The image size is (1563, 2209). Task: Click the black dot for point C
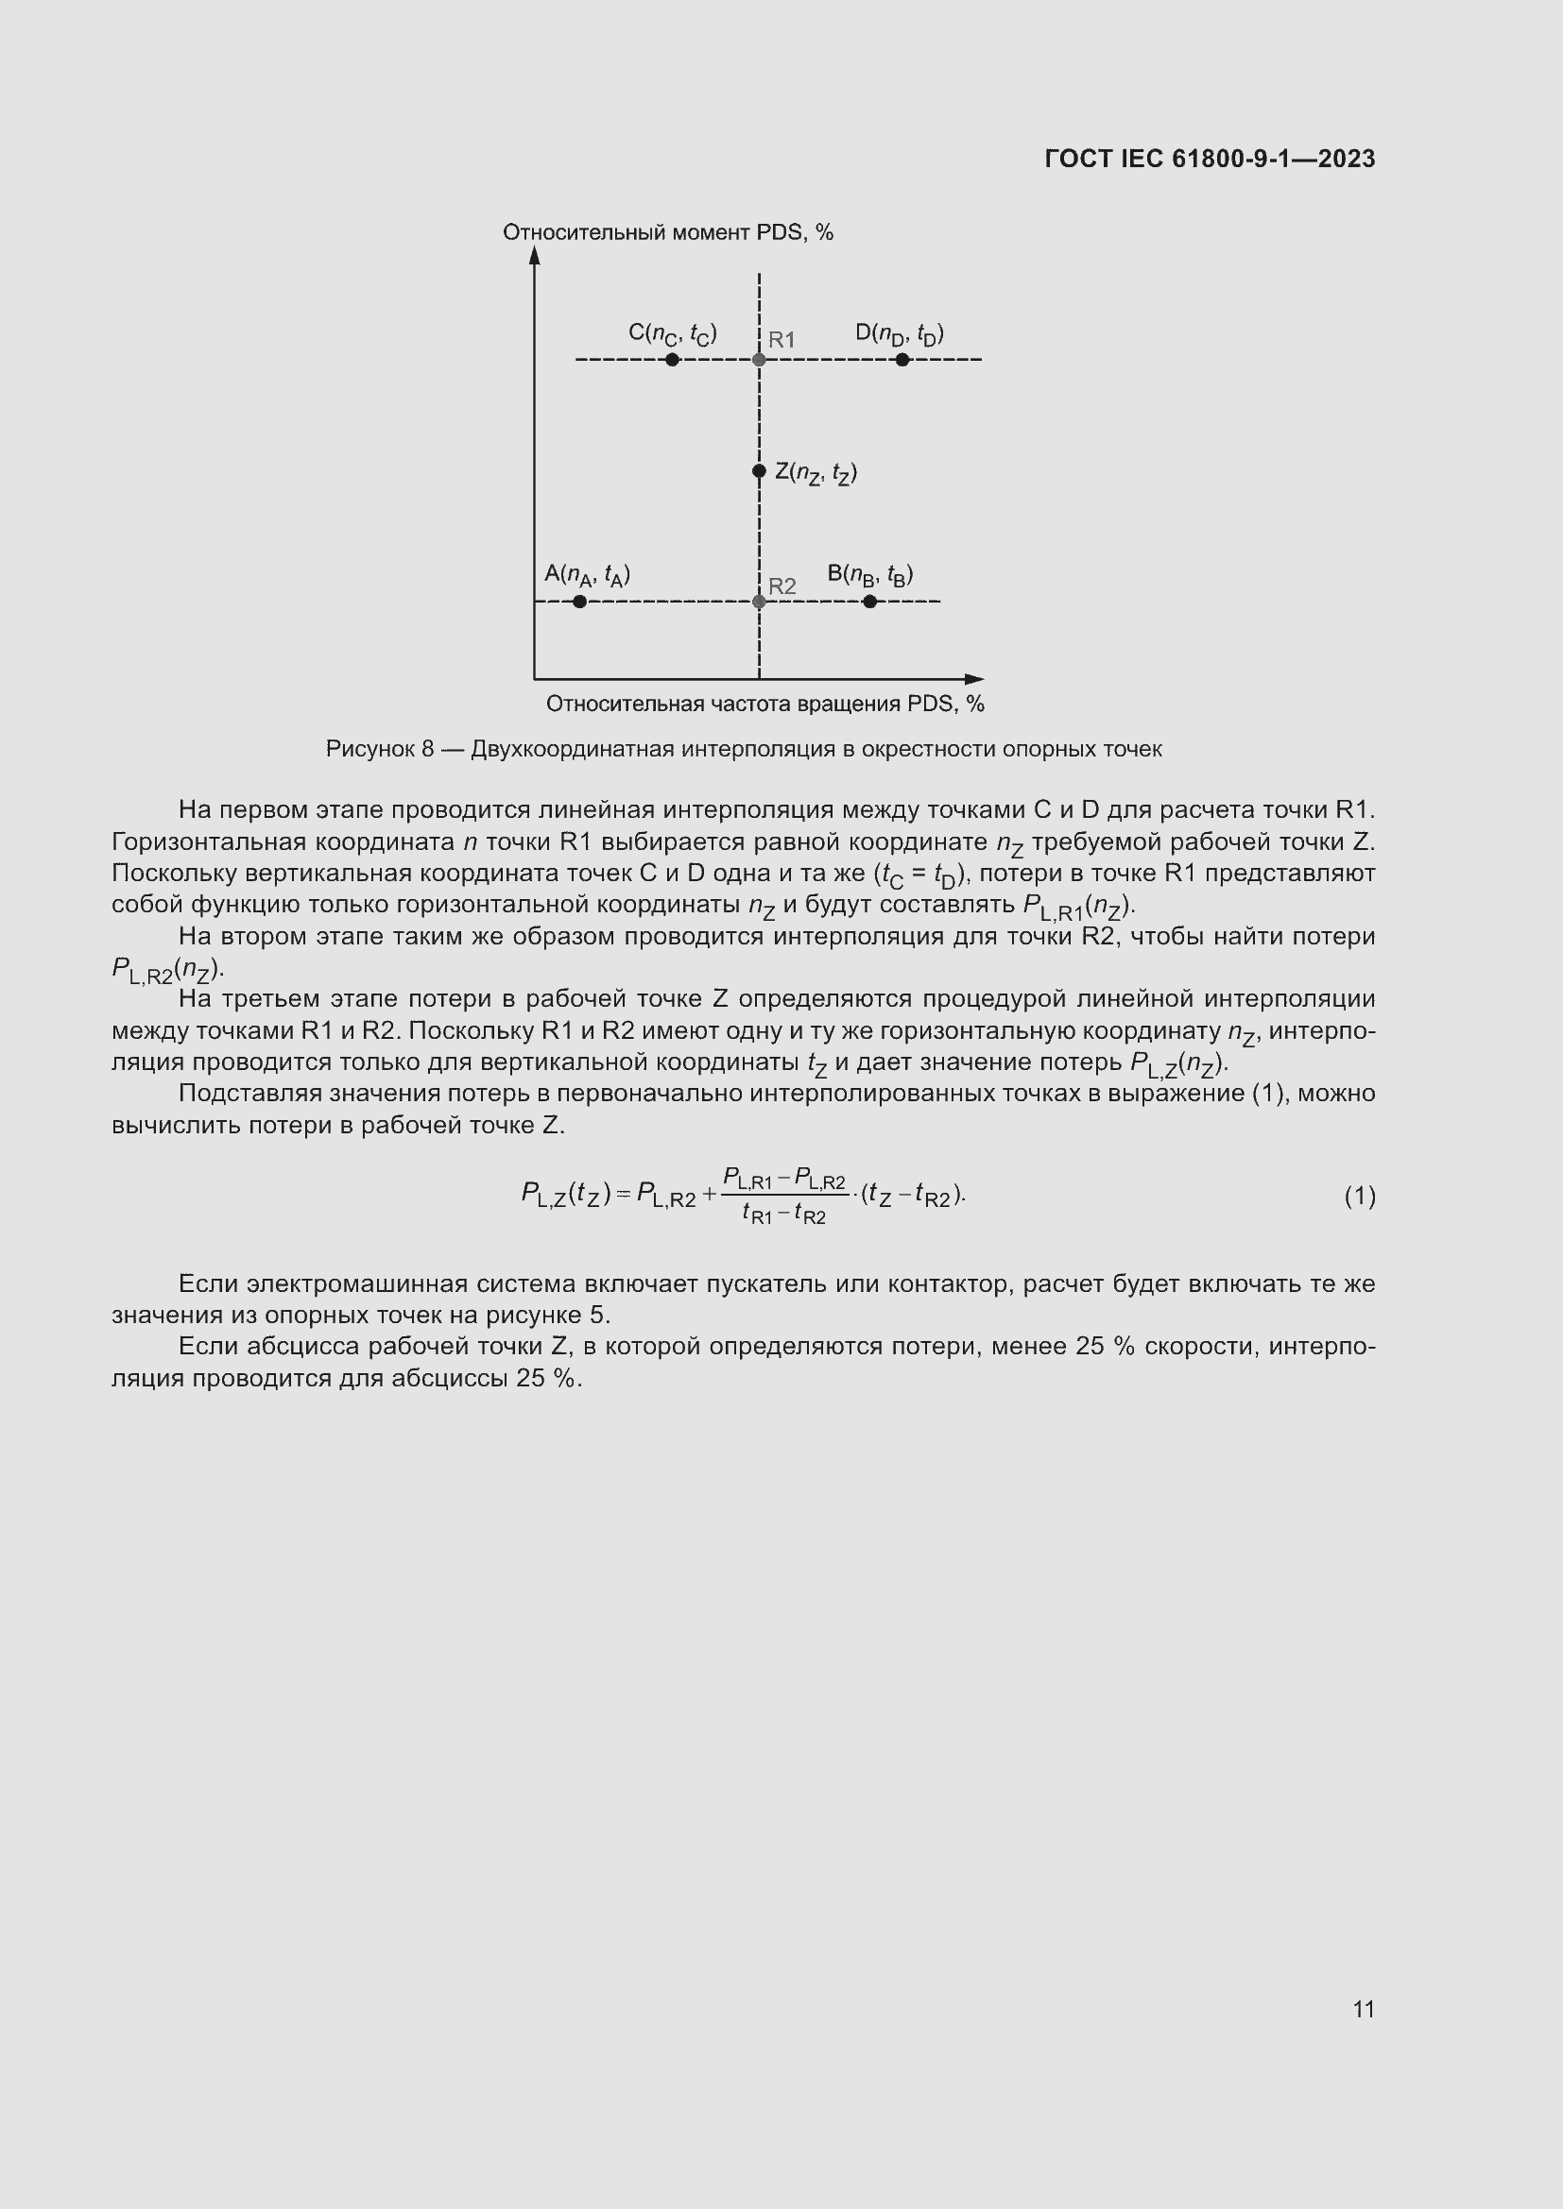coord(672,360)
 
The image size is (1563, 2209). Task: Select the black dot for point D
coord(902,360)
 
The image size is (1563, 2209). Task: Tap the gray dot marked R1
coord(760,360)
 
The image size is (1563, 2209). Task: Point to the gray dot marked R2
coord(760,602)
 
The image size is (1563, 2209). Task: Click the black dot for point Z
coord(760,470)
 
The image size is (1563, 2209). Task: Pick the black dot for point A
coord(579,602)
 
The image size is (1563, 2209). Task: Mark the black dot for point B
coord(870,602)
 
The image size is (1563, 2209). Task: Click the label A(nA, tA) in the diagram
coord(587,574)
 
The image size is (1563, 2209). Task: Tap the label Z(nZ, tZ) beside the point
coord(816,472)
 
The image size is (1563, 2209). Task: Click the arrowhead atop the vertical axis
coord(535,254)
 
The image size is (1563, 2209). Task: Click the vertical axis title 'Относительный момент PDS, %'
coord(668,233)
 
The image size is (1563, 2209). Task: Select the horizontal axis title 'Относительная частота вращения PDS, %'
coord(765,705)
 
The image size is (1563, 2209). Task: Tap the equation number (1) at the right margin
coord(1359,1196)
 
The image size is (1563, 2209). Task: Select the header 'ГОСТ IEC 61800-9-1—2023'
coord(1210,159)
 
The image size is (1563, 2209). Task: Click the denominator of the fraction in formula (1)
coord(783,1215)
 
